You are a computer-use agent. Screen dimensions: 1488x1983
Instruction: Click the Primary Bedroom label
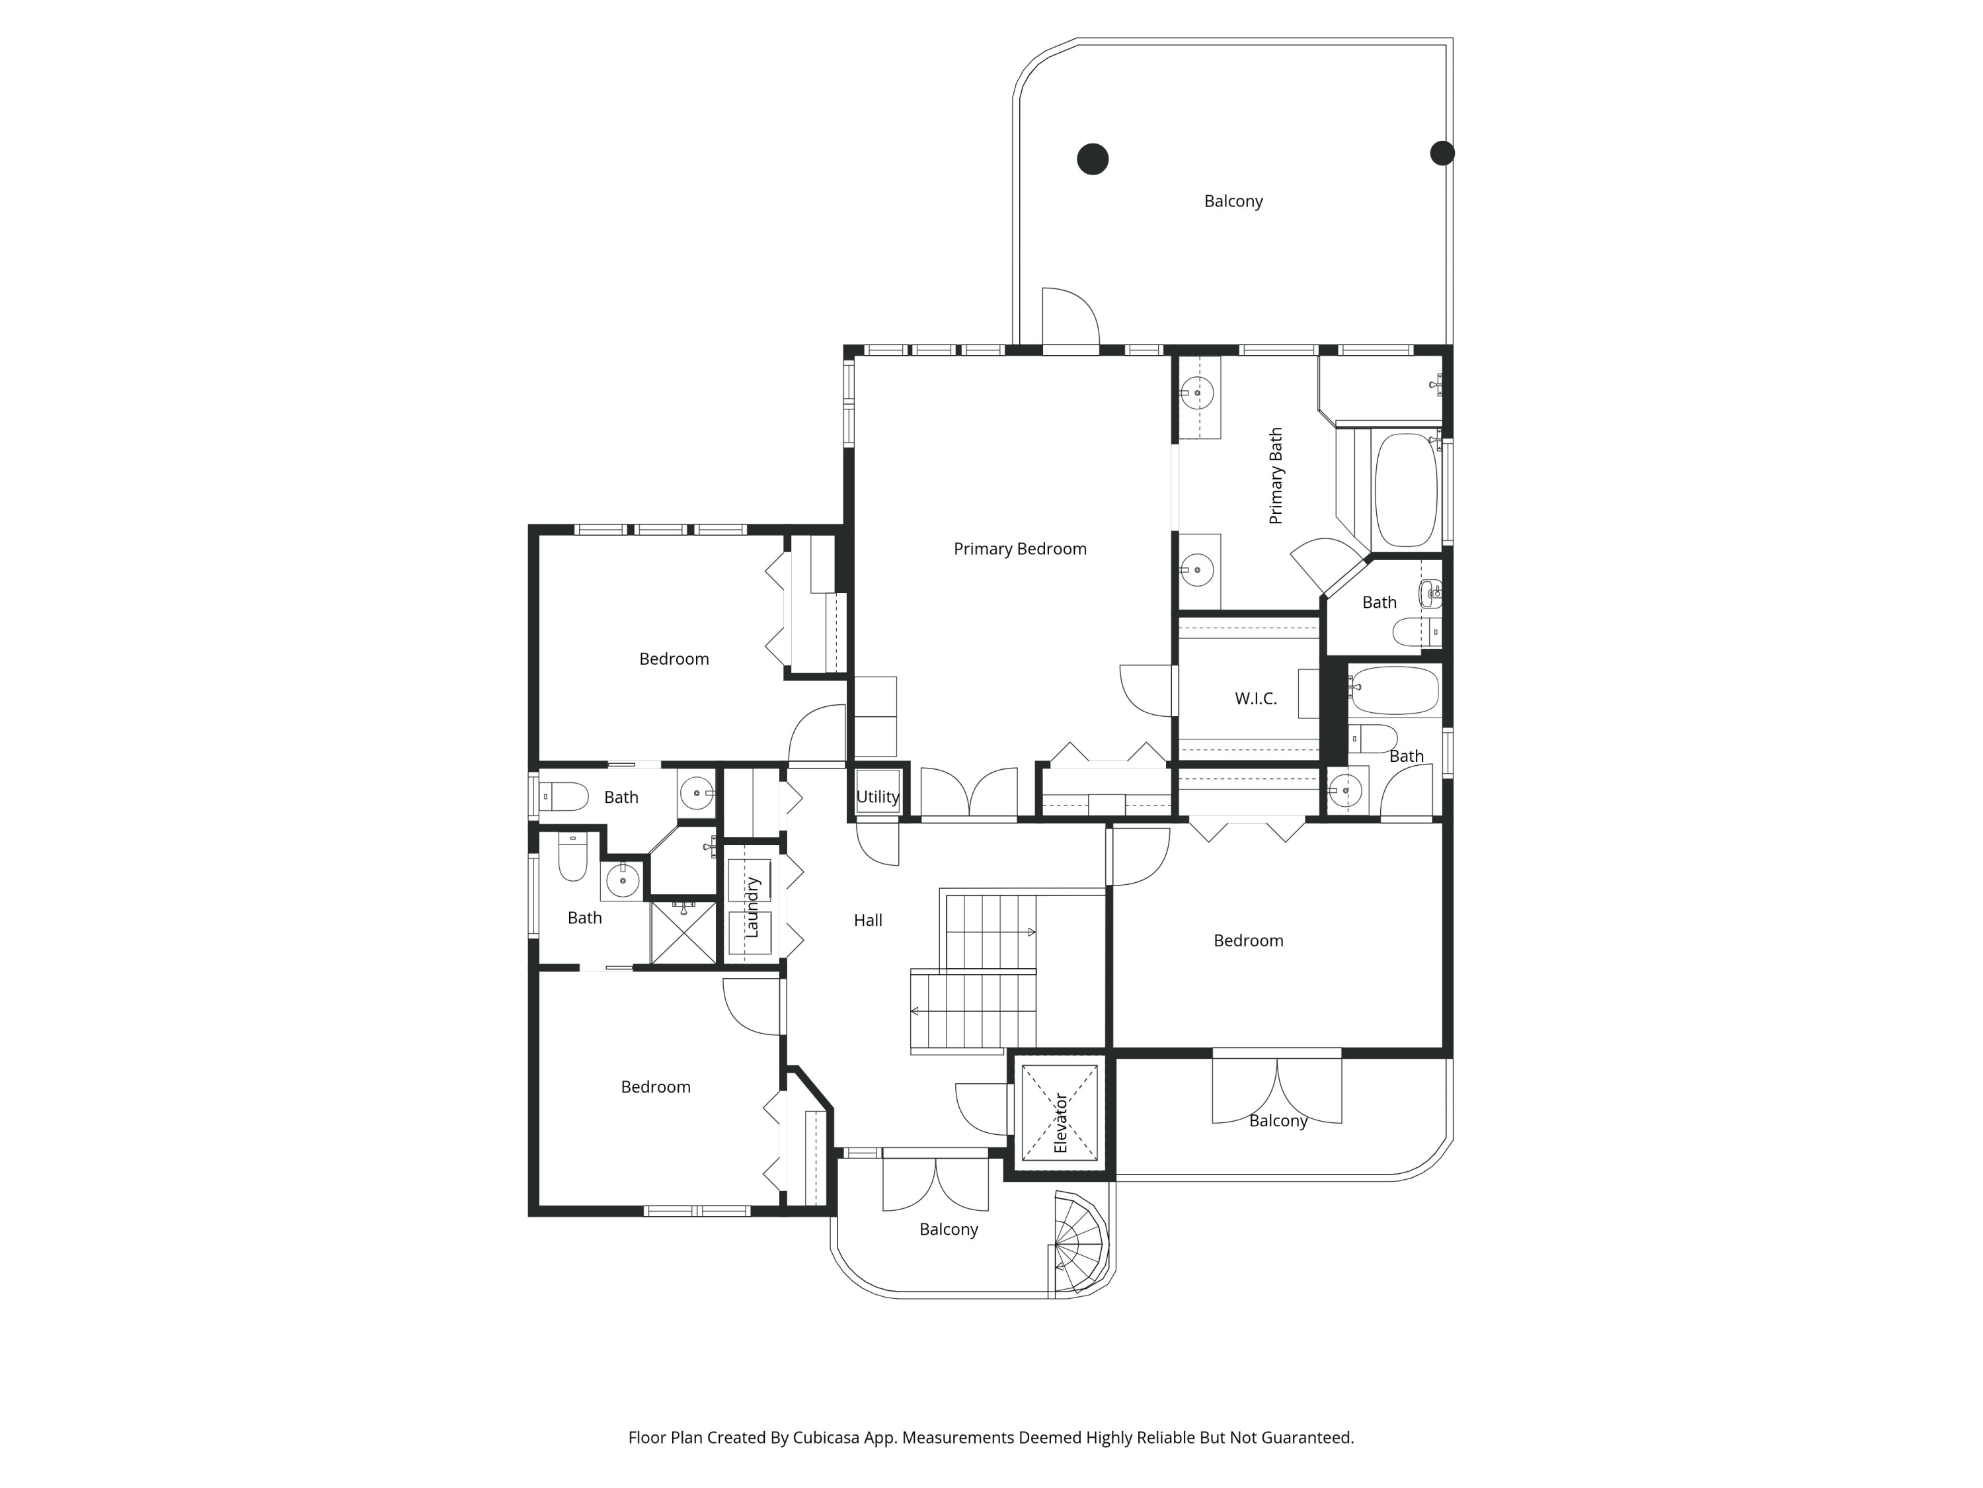(x=1019, y=549)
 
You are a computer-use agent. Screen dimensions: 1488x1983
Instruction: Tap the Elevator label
(x=1060, y=1122)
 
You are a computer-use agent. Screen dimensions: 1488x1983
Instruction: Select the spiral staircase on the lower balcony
(x=1079, y=1244)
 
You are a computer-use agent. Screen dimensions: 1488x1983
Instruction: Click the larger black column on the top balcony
(x=1092, y=159)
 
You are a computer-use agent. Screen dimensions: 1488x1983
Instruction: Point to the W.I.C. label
(x=1255, y=699)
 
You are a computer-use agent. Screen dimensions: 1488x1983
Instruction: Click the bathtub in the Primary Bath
(x=1406, y=490)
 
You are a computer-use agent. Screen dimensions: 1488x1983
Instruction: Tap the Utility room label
(x=878, y=796)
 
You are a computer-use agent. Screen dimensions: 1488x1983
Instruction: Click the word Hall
(x=868, y=921)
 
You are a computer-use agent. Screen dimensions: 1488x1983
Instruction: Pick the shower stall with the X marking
(x=683, y=932)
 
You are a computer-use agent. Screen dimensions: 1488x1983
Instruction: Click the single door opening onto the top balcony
(x=1070, y=318)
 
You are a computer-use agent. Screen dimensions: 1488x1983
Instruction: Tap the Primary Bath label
(x=1276, y=475)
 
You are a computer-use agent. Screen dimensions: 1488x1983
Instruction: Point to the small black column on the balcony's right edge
(x=1442, y=153)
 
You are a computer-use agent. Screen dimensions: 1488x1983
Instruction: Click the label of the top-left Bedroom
(x=674, y=659)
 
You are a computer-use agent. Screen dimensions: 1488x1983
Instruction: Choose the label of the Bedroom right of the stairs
(x=1248, y=941)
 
